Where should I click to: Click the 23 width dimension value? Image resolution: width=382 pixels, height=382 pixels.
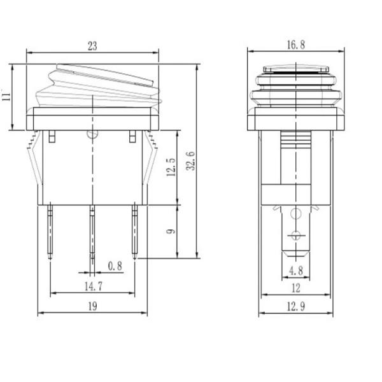(x=92, y=46)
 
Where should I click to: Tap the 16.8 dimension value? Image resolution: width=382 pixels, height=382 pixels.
(x=296, y=45)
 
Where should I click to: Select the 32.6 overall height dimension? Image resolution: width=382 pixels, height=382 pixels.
(x=191, y=161)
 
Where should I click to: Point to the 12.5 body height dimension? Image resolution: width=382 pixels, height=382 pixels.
(x=171, y=167)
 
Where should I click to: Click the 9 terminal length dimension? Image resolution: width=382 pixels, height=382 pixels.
(x=171, y=231)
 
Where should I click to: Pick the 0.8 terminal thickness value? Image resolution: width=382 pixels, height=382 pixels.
(x=115, y=266)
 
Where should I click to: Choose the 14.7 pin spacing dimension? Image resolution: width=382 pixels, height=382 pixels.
(x=94, y=286)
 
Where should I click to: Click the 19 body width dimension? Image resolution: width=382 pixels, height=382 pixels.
(x=92, y=306)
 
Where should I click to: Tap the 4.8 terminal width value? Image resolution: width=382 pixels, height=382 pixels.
(x=296, y=271)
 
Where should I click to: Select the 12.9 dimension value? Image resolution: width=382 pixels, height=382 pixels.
(x=296, y=306)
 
